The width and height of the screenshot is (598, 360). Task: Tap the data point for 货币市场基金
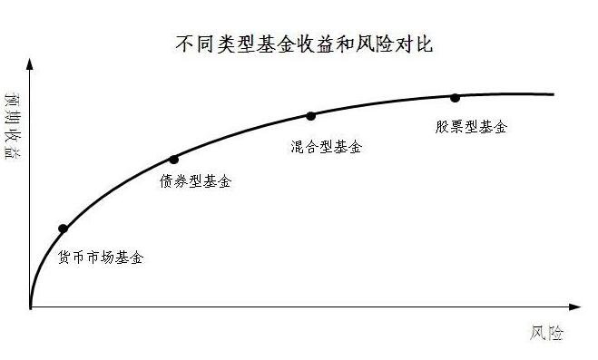click(x=63, y=229)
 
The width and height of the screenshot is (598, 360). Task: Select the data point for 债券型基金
click(x=174, y=160)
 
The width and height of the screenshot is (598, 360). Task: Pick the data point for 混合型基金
click(x=311, y=116)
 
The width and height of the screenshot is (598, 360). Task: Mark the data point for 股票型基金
click(x=455, y=97)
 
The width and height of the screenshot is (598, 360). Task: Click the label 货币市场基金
click(x=100, y=258)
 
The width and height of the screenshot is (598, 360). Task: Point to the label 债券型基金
click(x=194, y=181)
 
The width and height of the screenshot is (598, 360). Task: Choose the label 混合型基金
click(x=326, y=146)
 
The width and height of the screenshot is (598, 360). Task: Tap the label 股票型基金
click(x=470, y=127)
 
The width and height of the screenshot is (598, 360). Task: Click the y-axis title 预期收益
click(x=12, y=126)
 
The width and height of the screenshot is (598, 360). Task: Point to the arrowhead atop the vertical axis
click(x=30, y=63)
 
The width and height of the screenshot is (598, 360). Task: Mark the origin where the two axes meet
click(x=30, y=308)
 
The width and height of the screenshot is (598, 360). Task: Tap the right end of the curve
click(x=553, y=93)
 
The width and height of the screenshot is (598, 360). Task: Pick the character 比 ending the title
click(x=422, y=43)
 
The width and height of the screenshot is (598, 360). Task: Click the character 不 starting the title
click(x=182, y=43)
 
